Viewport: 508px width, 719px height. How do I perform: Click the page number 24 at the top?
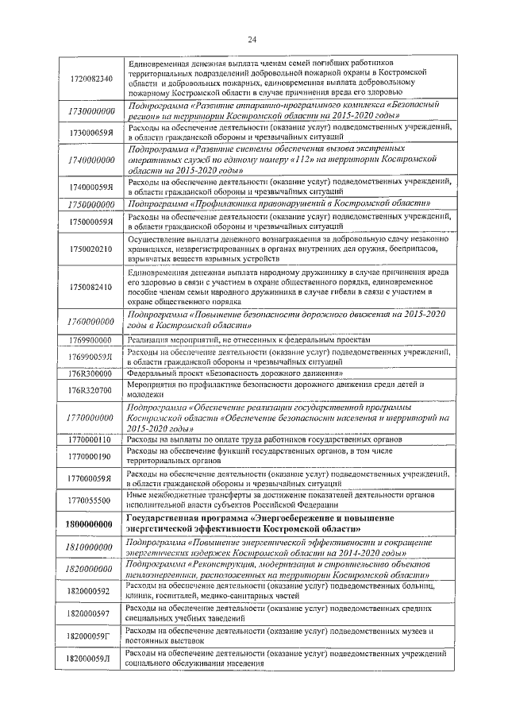pyautogui.click(x=253, y=40)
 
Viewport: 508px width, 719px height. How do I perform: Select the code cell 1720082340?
pyautogui.click(x=90, y=78)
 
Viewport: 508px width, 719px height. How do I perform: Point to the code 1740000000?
pyautogui.click(x=90, y=160)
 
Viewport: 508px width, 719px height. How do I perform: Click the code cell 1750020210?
pyautogui.click(x=90, y=249)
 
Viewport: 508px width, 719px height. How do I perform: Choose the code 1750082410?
pyautogui.click(x=90, y=287)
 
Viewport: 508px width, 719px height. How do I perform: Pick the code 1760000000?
pyautogui.click(x=90, y=321)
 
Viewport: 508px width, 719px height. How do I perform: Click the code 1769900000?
pyautogui.click(x=90, y=340)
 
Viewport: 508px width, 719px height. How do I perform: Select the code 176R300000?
pyautogui.click(x=90, y=373)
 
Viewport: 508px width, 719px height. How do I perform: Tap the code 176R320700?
pyautogui.click(x=90, y=389)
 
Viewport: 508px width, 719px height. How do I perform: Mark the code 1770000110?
pyautogui.click(x=90, y=439)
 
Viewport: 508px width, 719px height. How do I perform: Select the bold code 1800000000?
pyautogui.click(x=90, y=524)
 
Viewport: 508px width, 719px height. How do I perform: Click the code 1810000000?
pyautogui.click(x=90, y=547)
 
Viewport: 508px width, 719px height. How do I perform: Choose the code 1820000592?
pyautogui.click(x=90, y=591)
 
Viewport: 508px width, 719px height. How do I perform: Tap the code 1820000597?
pyautogui.click(x=90, y=613)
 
